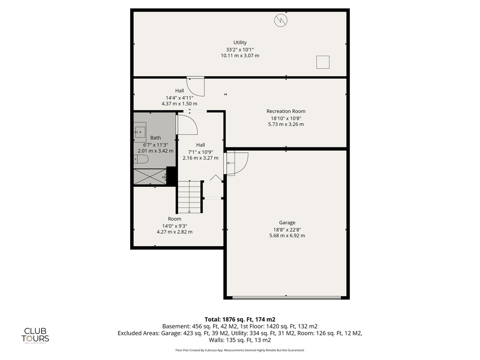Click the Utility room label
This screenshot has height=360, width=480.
point(240,43)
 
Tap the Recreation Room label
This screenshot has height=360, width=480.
point(286,111)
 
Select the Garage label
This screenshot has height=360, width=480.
point(287,223)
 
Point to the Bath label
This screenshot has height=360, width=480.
point(156,138)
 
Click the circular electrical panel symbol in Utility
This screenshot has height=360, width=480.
point(281,20)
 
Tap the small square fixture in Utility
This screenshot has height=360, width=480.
point(323,62)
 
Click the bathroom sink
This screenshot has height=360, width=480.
point(140,132)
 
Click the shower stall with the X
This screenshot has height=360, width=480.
point(150,177)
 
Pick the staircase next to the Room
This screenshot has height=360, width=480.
point(190,197)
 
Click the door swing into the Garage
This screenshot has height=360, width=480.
point(236,164)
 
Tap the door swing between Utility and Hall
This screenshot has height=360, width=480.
point(196,86)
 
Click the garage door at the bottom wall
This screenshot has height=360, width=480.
point(287,298)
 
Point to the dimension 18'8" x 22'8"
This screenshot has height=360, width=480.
point(287,229)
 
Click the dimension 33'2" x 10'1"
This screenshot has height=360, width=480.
point(240,49)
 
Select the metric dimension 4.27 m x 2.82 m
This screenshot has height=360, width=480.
point(175,232)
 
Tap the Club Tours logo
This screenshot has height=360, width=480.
point(35,335)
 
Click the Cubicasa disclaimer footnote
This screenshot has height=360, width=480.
point(240,350)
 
